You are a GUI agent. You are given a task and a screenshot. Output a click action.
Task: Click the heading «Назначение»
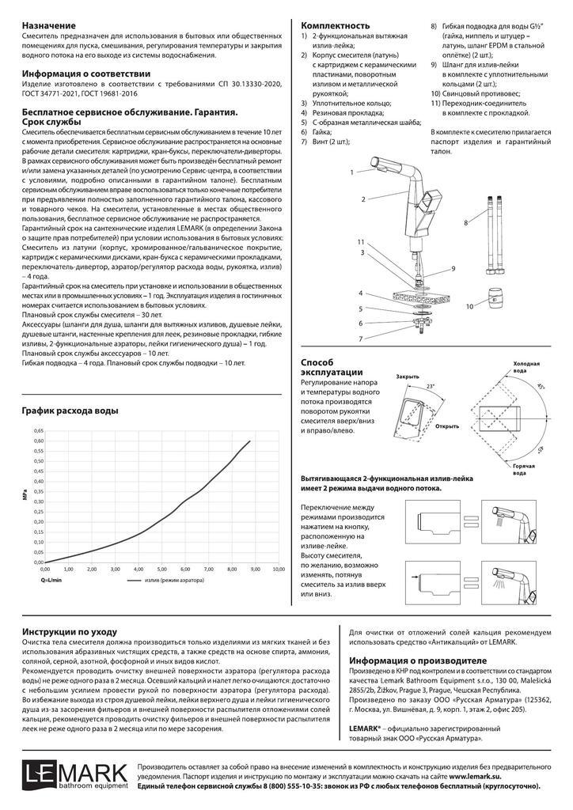coord(51,25)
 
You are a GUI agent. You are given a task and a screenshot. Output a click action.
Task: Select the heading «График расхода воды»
coord(70,411)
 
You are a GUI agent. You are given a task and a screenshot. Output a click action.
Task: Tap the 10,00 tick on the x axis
coord(279,569)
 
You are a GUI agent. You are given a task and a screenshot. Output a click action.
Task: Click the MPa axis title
coord(26,495)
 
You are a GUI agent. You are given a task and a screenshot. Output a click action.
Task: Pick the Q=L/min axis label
coord(52,580)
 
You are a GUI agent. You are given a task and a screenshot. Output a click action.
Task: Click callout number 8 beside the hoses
coord(465,224)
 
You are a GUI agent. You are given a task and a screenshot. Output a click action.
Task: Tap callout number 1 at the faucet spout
coord(351,172)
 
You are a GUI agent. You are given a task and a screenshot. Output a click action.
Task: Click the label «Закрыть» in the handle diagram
coord(408,377)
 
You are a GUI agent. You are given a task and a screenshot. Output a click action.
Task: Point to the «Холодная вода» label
coord(526,367)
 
